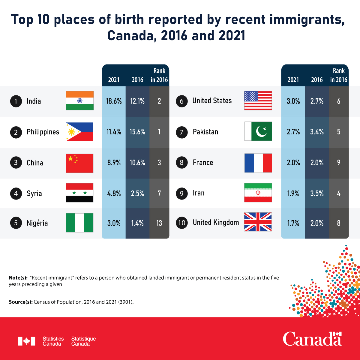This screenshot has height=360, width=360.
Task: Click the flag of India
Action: coord(79,101)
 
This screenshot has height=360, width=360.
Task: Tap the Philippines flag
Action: coord(79,132)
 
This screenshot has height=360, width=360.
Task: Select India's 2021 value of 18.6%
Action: coord(114,101)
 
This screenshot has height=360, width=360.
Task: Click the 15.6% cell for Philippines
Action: coord(137,132)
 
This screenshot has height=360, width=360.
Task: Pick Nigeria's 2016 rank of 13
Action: coord(159,223)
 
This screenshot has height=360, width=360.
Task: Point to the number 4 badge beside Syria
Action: coord(16,193)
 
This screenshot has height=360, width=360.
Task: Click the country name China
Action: coord(35,163)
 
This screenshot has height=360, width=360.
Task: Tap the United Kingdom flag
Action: coord(258,222)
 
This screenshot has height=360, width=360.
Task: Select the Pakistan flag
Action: coord(258,131)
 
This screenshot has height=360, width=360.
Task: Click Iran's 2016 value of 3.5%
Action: coord(317,193)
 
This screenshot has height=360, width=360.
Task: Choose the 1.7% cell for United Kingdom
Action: coord(293,223)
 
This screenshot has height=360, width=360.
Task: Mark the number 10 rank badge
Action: coord(181,223)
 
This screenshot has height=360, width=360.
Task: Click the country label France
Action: coord(203,163)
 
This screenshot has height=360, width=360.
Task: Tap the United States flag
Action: coord(258,101)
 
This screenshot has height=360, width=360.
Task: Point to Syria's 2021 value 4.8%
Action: coord(114,193)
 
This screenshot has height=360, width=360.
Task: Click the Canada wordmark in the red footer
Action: coord(312,339)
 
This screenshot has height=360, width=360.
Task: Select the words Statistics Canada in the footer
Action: coord(53,341)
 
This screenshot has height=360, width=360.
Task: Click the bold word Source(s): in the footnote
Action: coord(21,302)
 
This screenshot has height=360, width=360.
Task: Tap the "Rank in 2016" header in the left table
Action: coord(159,75)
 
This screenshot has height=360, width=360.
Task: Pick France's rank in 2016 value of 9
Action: coord(339,163)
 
